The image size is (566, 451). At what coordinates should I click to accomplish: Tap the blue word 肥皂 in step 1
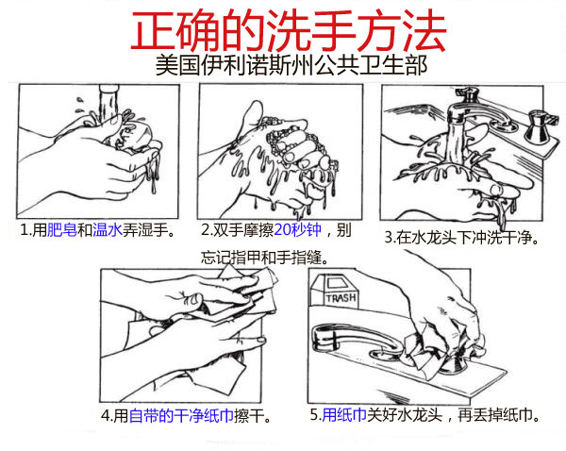tap(61, 230)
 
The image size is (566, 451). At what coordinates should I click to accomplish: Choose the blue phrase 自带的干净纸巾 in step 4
tap(181, 415)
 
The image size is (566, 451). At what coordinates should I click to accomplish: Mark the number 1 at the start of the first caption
tap(24, 230)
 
